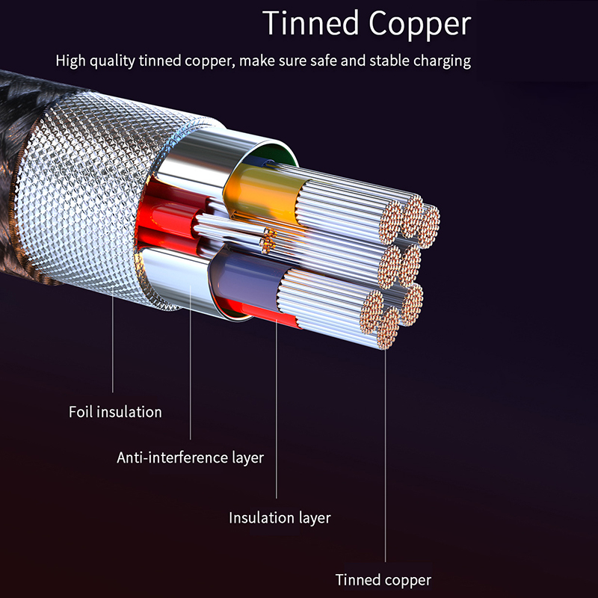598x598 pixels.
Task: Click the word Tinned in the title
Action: [x=309, y=24]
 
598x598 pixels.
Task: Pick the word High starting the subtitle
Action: [x=71, y=61]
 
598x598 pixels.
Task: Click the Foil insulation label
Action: [x=115, y=412]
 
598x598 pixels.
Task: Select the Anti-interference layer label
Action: [x=190, y=457]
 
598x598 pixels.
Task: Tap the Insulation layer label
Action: [x=280, y=517]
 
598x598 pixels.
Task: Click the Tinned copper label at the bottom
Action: [x=383, y=580]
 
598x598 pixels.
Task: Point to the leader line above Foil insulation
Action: [x=113, y=336]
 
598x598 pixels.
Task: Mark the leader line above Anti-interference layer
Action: [x=191, y=374]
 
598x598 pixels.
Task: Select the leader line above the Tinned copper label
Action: [x=386, y=463]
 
